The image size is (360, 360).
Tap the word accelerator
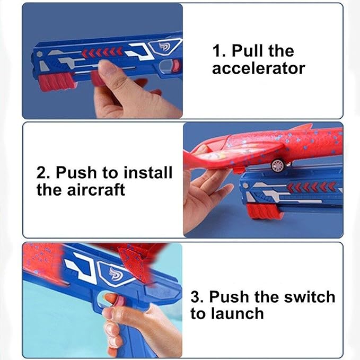pyautogui.click(x=258, y=68)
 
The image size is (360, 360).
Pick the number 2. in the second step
pyautogui.click(x=44, y=172)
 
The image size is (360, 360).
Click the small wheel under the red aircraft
pyautogui.click(x=277, y=165)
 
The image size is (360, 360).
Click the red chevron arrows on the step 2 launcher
pyautogui.click(x=313, y=187)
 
